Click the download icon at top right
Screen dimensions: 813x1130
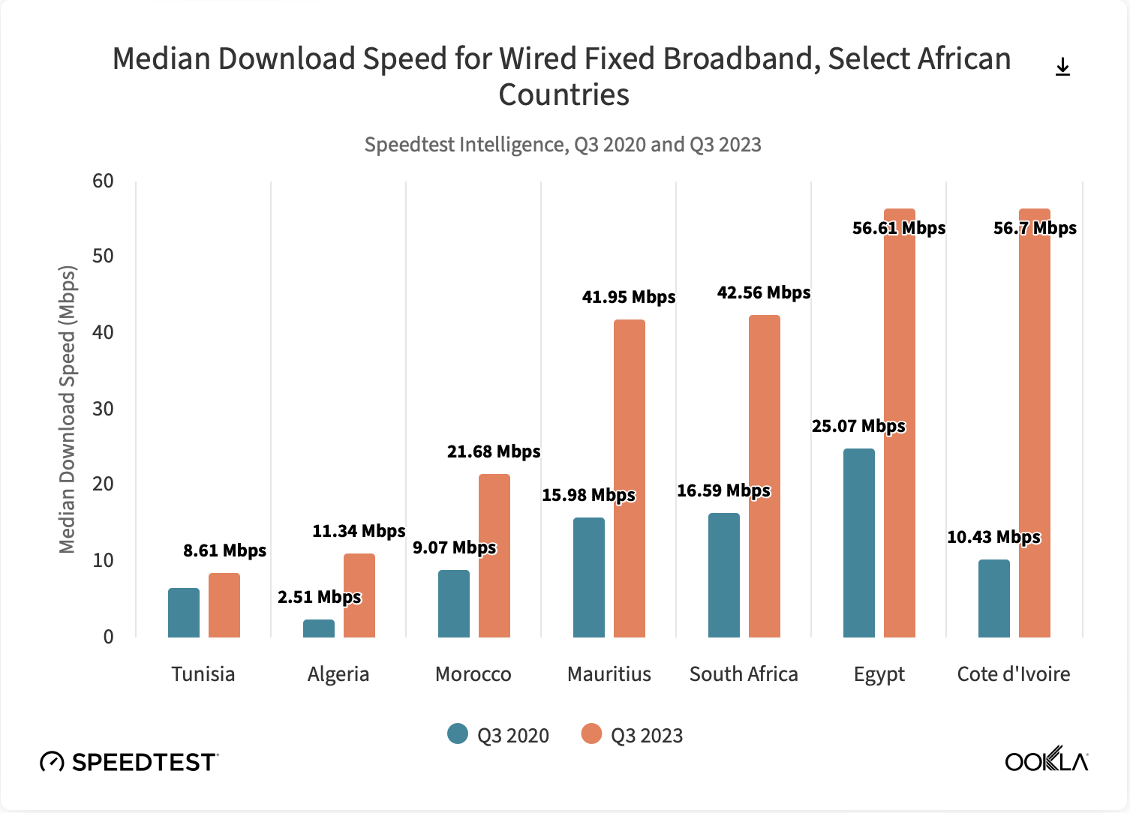[x=1062, y=67]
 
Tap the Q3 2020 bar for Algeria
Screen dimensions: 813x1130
[x=319, y=628]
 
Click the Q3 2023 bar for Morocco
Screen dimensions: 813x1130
[x=494, y=556]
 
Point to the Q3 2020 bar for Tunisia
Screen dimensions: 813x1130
[x=184, y=613]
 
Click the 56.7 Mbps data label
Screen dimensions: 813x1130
[x=1035, y=228]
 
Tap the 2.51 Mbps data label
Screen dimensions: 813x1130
[x=319, y=597]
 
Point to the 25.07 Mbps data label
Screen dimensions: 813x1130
[x=858, y=426]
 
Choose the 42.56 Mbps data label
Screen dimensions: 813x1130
[x=763, y=292]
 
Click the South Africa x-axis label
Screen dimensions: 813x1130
[x=744, y=674]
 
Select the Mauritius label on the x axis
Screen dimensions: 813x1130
[x=609, y=674]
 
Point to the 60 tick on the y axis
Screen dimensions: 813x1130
[x=104, y=181]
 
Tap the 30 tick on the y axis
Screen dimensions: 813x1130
[x=104, y=409]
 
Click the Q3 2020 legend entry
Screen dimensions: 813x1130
[x=498, y=735]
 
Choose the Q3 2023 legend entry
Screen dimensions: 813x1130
[x=633, y=735]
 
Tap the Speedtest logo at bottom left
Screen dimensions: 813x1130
[x=128, y=762]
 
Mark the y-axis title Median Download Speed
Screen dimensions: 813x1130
[x=68, y=409]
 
